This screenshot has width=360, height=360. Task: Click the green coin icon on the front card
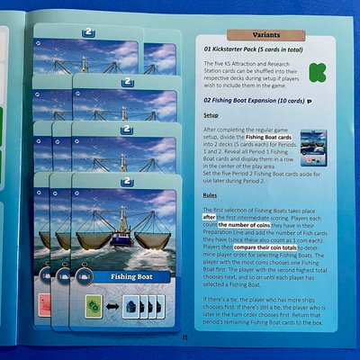pos(92,303)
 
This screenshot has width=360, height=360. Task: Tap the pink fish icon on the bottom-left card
pos(42,303)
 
